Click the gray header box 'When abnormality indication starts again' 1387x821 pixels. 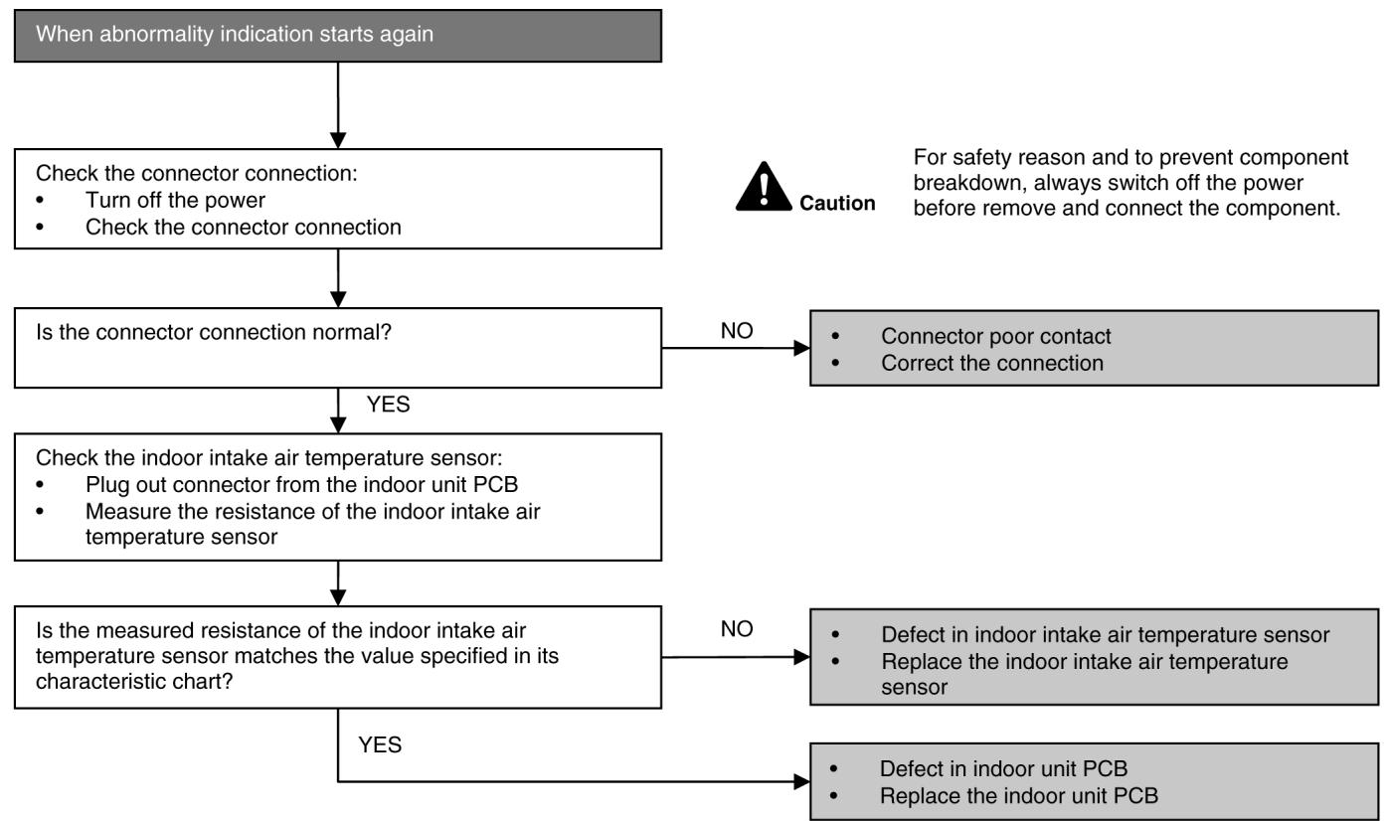click(x=338, y=36)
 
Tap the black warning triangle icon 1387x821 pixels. click(x=764, y=187)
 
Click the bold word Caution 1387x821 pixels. click(x=837, y=203)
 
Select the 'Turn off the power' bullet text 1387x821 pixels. click(x=175, y=200)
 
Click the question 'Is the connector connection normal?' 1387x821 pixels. click(x=214, y=332)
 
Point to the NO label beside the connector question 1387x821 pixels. click(x=737, y=331)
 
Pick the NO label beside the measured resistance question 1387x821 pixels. click(x=737, y=629)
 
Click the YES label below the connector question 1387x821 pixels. click(x=388, y=405)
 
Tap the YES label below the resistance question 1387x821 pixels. click(x=380, y=744)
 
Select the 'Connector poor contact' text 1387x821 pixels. click(x=995, y=336)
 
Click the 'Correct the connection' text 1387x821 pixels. click(x=992, y=363)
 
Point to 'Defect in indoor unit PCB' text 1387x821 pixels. click(x=1004, y=768)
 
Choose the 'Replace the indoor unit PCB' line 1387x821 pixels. click(x=1019, y=795)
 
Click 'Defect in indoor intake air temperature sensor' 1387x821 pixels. click(x=1106, y=634)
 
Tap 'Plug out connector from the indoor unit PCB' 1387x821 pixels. click(x=301, y=484)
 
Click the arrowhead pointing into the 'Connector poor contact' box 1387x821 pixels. click(x=801, y=348)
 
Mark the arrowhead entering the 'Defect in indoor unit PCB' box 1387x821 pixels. click(x=801, y=781)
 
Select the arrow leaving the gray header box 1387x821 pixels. click(x=338, y=105)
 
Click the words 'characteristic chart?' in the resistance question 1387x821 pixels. click(x=134, y=682)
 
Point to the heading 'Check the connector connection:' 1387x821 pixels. click(x=196, y=173)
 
